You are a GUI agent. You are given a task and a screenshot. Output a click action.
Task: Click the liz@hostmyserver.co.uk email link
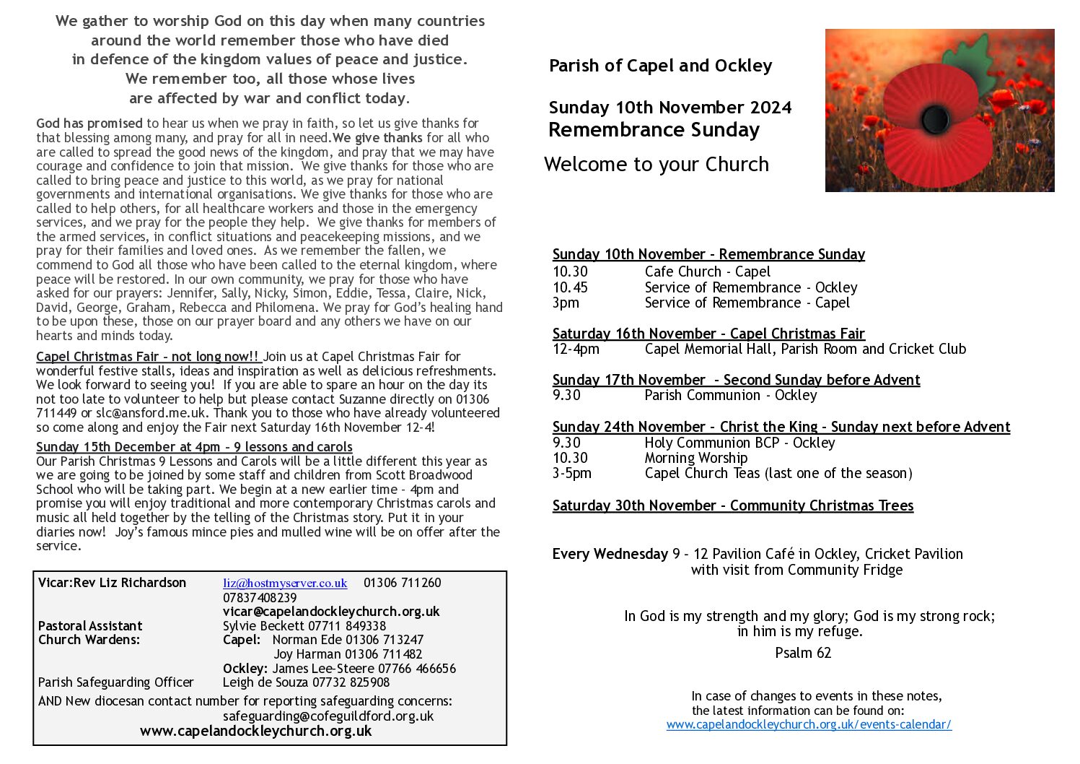click(x=285, y=583)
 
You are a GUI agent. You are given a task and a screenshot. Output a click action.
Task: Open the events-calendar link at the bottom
click(x=809, y=724)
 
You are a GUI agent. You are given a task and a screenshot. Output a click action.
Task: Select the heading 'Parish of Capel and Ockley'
click(x=660, y=66)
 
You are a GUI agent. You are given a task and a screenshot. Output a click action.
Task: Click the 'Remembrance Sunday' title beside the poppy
click(x=654, y=130)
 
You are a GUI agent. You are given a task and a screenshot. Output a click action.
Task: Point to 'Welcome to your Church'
click(x=656, y=165)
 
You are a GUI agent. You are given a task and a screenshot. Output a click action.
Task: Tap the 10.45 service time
click(x=570, y=287)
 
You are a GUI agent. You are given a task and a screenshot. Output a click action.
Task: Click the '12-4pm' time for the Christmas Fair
click(x=575, y=349)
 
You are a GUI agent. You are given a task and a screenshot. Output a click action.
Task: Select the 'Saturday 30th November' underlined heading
click(x=732, y=505)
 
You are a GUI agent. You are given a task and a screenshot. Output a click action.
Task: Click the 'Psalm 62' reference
click(x=803, y=653)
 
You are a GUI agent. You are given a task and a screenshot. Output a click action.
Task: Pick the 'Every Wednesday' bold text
click(x=610, y=554)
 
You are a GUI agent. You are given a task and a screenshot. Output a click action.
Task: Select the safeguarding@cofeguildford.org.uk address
click(x=328, y=716)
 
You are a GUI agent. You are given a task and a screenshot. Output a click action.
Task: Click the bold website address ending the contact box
click(x=255, y=731)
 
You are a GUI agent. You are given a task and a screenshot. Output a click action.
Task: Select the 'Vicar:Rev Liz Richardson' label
click(x=112, y=583)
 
